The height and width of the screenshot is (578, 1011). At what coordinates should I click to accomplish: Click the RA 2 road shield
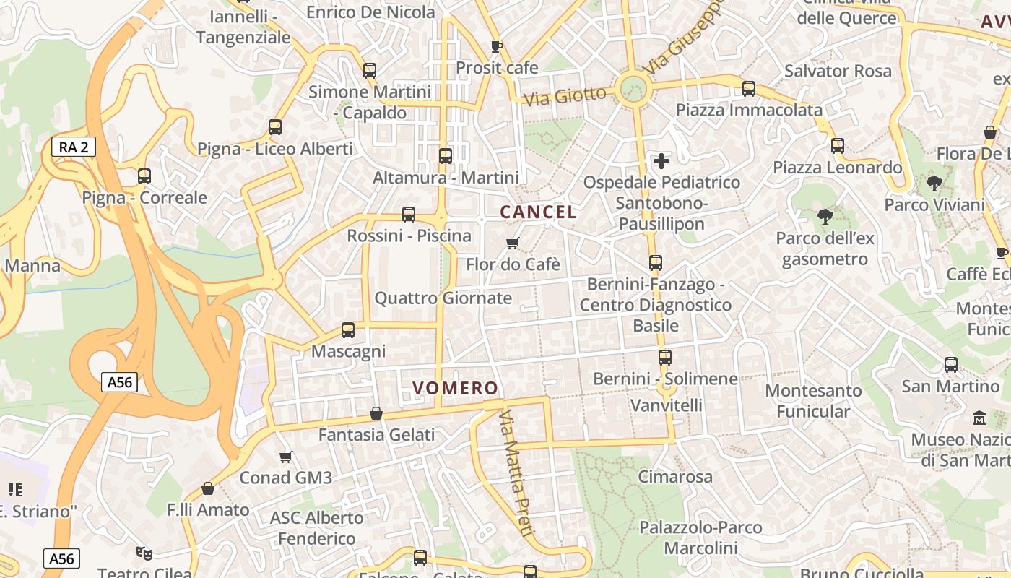click(x=74, y=147)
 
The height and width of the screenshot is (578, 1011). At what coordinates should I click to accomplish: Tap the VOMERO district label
click(x=456, y=388)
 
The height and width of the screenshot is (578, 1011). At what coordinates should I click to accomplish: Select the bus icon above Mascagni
click(x=348, y=330)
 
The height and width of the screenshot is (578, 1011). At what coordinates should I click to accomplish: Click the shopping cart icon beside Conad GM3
click(x=286, y=457)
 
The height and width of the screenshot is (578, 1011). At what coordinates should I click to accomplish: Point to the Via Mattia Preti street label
click(x=517, y=473)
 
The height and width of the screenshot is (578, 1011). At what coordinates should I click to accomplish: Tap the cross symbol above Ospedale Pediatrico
click(x=661, y=160)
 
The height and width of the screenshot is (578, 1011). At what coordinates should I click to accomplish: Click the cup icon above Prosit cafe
click(x=496, y=47)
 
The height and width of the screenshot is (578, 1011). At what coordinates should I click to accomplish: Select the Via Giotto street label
click(x=565, y=95)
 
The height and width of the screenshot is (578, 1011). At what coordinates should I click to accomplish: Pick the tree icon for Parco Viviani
click(x=934, y=184)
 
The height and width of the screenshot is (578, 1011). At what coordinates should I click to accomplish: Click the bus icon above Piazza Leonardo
click(x=838, y=146)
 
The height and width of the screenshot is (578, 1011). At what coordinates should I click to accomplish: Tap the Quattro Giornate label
click(x=443, y=298)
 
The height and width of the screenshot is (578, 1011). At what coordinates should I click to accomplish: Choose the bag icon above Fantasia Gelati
click(x=376, y=413)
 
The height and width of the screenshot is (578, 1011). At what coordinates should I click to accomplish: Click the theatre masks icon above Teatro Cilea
click(x=144, y=553)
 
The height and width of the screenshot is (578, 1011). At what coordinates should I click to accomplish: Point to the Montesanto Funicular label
click(x=813, y=401)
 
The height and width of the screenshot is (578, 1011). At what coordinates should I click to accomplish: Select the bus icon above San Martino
click(x=951, y=365)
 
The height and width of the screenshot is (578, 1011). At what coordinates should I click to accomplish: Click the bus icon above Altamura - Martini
click(x=446, y=155)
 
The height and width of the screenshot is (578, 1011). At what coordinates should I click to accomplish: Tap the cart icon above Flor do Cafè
click(x=513, y=243)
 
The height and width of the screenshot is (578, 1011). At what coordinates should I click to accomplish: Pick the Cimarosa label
click(x=675, y=477)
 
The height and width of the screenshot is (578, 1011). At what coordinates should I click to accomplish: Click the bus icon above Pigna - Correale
click(x=144, y=176)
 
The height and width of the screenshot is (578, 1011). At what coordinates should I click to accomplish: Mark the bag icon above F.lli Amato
click(x=208, y=488)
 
